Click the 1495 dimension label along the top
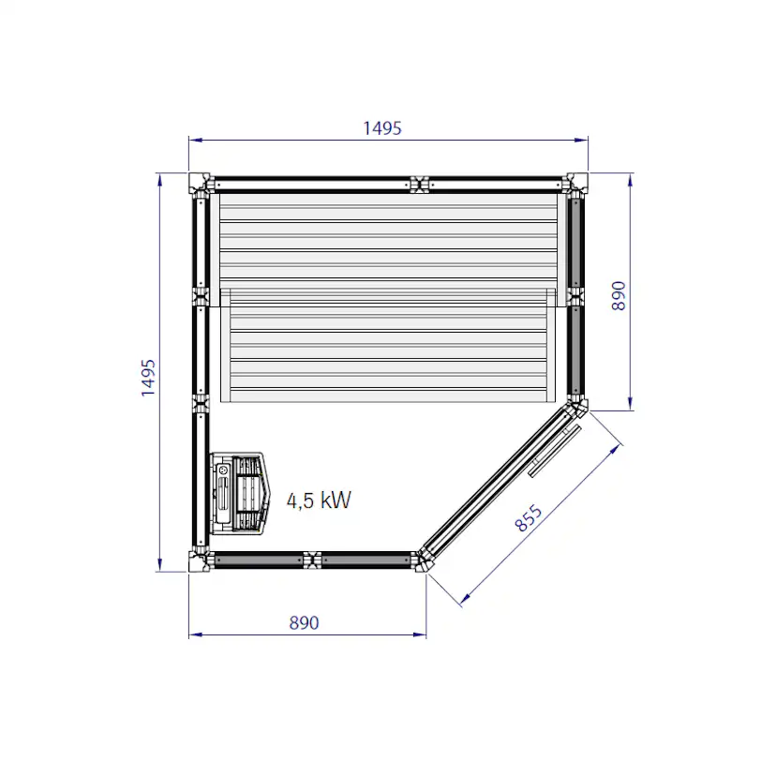pos(382,128)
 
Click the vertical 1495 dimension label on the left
pos(148,378)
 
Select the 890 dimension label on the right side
pos(619,296)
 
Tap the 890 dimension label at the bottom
pos(304,622)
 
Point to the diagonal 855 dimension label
pos(529,518)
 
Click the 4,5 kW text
pos(319,500)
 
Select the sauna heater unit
pos(241,493)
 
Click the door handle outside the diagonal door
pos(555,451)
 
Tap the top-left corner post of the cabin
pos(199,183)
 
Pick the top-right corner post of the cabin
pos(577,183)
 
